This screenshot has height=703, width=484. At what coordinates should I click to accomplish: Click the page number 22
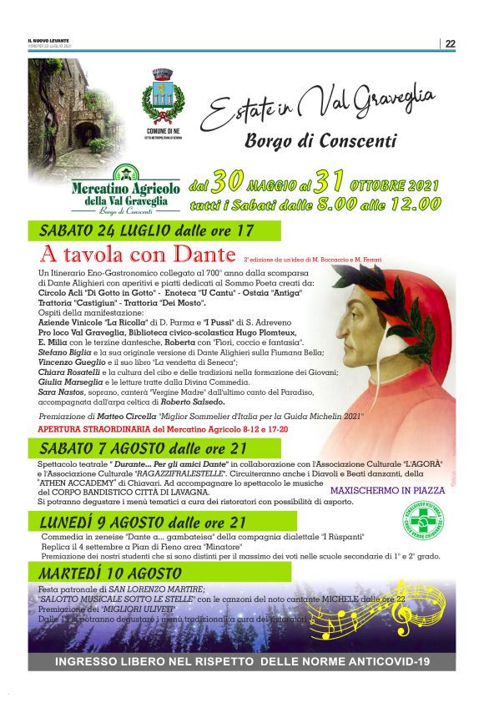coord(450,44)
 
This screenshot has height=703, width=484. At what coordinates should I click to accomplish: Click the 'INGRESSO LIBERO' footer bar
coord(241,661)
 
